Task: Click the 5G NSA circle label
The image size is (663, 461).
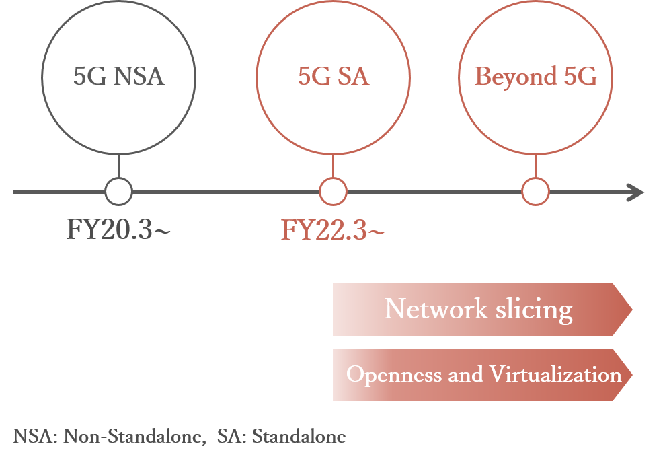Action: click(118, 77)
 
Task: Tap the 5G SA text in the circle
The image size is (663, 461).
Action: click(333, 77)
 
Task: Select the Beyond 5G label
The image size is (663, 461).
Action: click(536, 77)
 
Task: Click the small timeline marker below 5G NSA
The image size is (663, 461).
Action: click(118, 192)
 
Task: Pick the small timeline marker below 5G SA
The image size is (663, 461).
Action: click(333, 192)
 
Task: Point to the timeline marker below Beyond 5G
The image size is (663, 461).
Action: click(536, 192)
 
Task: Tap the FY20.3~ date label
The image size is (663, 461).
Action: click(118, 230)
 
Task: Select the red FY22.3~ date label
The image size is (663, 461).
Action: click(333, 230)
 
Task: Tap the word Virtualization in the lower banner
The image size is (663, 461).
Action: click(555, 374)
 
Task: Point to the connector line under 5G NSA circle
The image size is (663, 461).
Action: click(118, 167)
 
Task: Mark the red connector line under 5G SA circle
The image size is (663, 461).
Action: click(333, 167)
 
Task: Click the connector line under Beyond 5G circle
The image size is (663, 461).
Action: click(536, 167)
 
